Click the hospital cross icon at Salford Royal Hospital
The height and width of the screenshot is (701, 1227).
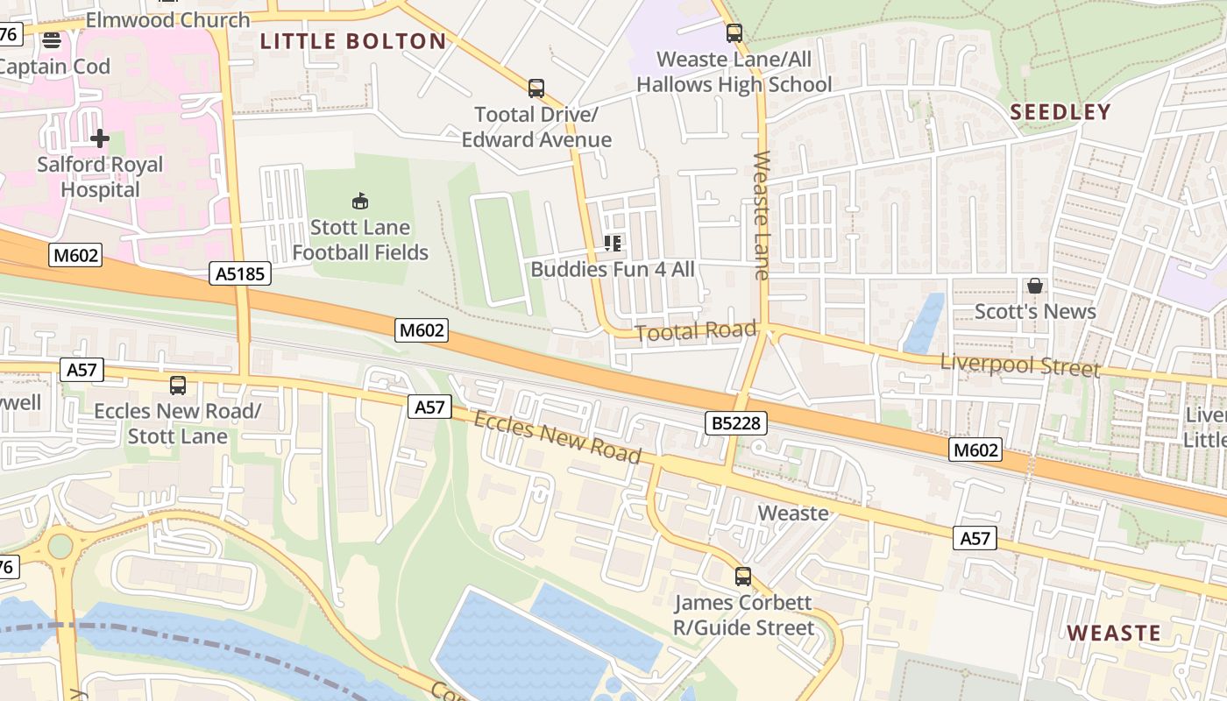pyautogui.click(x=100, y=138)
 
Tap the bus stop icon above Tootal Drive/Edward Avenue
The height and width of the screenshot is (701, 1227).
pyautogui.click(x=536, y=89)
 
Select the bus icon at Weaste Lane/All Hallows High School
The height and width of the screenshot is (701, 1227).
pyautogui.click(x=734, y=33)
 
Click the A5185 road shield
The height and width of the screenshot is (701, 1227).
pyautogui.click(x=240, y=274)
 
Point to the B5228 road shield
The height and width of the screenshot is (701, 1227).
pyautogui.click(x=736, y=424)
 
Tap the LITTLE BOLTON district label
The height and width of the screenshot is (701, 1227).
pyautogui.click(x=353, y=41)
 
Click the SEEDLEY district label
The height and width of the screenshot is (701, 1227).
pyautogui.click(x=1060, y=112)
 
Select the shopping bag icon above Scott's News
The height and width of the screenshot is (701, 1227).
pyautogui.click(x=1035, y=286)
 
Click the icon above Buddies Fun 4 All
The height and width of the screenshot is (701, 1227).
pyautogui.click(x=613, y=244)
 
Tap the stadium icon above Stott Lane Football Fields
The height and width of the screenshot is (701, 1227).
pyautogui.click(x=360, y=202)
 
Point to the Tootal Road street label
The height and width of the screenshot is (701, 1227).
pyautogui.click(x=695, y=331)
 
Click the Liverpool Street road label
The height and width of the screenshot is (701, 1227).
pyautogui.click(x=1019, y=365)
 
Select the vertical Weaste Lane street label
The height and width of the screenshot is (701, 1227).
pyautogui.click(x=760, y=216)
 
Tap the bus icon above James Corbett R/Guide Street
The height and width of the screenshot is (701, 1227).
pyautogui.click(x=743, y=577)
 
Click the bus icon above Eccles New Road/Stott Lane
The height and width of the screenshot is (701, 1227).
pyautogui.click(x=178, y=385)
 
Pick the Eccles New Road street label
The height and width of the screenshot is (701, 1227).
pyautogui.click(x=557, y=436)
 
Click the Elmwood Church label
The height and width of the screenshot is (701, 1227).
pyautogui.click(x=167, y=19)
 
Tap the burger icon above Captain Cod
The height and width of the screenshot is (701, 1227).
pyautogui.click(x=52, y=40)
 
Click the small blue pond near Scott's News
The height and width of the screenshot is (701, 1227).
pyautogui.click(x=924, y=323)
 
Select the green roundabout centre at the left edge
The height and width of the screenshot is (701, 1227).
pyautogui.click(x=60, y=546)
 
